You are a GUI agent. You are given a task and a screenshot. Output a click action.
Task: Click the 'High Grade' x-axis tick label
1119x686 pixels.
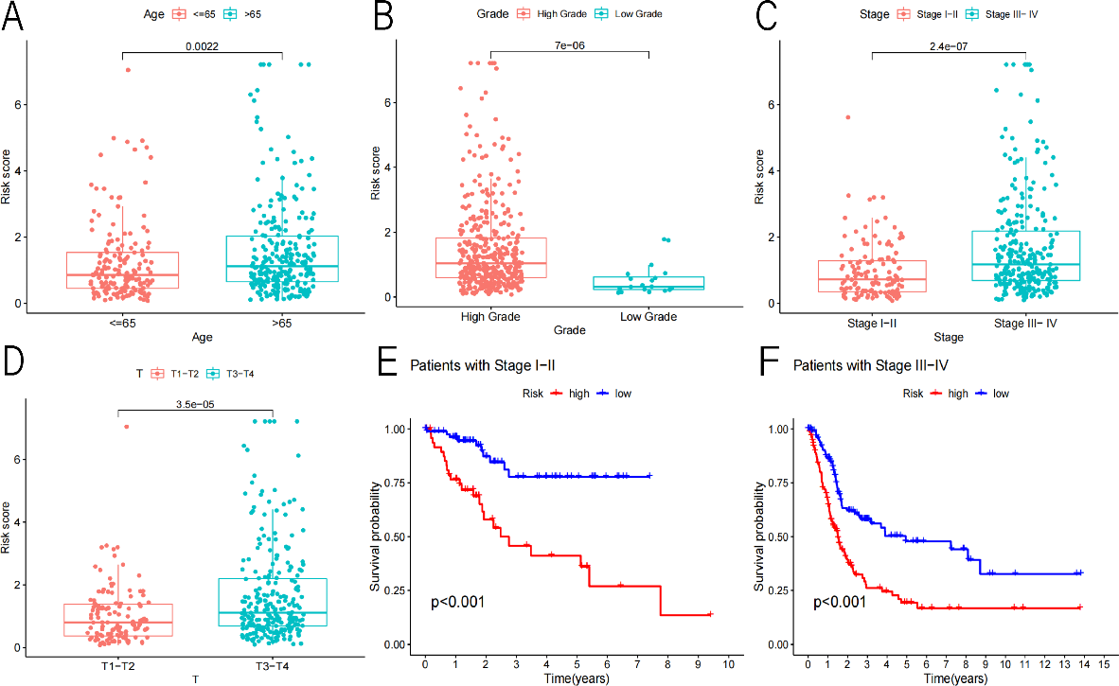(x=490, y=316)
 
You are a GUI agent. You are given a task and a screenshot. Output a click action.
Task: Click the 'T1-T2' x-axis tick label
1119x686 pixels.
(x=118, y=665)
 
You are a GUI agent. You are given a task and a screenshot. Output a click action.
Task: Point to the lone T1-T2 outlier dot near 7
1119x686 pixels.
(x=126, y=427)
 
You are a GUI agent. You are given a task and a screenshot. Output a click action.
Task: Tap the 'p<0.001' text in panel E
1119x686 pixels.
(x=458, y=601)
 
